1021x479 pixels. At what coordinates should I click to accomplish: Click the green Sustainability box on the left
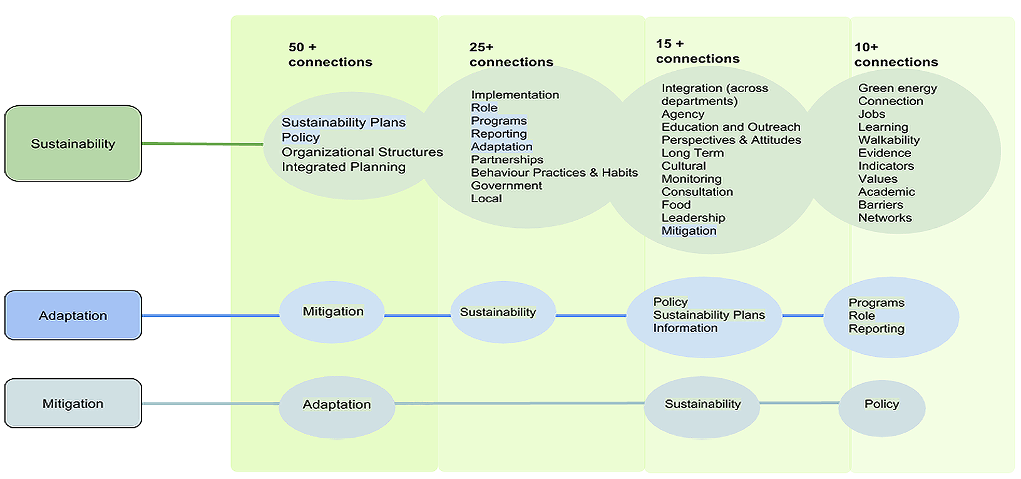click(73, 143)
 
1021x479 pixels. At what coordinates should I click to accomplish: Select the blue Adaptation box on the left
click(73, 315)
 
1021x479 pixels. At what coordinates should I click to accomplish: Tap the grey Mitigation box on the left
click(73, 403)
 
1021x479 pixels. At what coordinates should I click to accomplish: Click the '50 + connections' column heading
click(330, 54)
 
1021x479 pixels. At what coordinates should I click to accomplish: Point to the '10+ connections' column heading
click(896, 54)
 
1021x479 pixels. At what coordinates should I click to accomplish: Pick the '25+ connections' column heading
click(511, 54)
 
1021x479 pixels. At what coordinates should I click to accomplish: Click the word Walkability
click(888, 140)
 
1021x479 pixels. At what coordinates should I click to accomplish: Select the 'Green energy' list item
click(897, 88)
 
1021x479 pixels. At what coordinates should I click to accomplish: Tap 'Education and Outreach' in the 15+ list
click(731, 127)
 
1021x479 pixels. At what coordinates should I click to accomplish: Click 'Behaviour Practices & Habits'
click(554, 172)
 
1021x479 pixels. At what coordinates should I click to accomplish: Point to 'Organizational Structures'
click(362, 152)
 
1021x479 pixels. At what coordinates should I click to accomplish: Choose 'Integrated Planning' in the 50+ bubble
click(343, 167)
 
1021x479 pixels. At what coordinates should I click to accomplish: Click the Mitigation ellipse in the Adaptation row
click(332, 312)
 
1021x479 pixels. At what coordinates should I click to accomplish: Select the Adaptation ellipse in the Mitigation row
click(337, 405)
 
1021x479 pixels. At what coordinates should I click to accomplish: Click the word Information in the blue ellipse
click(685, 328)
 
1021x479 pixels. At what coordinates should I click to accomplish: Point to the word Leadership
click(693, 218)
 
